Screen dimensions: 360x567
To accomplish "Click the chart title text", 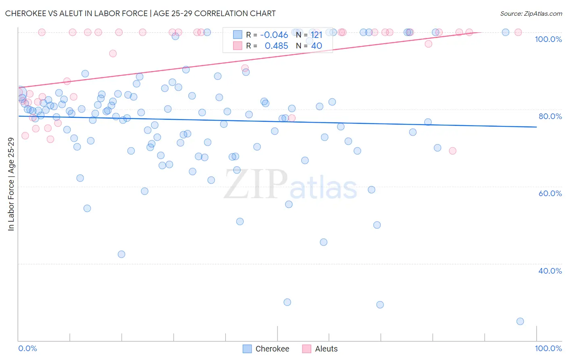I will click(x=140, y=13).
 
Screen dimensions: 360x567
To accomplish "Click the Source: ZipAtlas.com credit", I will click(x=531, y=13).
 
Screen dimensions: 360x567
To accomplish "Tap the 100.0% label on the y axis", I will click(x=548, y=39).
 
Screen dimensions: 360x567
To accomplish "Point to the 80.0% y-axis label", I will click(x=550, y=116).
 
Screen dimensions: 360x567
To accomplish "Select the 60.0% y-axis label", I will click(x=550, y=193).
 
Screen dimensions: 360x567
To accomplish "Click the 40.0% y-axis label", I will click(x=550, y=271).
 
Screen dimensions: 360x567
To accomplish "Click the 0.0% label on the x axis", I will click(x=28, y=348).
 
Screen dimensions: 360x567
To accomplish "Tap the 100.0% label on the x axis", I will click(x=548, y=348).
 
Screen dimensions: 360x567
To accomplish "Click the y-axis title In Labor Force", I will click(x=11, y=184).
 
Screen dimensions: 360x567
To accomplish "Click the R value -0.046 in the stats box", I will click(x=274, y=35).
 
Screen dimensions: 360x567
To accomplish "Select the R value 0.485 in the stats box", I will click(x=276, y=46).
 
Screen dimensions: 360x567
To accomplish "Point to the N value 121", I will click(x=317, y=35).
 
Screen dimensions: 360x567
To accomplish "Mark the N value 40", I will click(x=317, y=46).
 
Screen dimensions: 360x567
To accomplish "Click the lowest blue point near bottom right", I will click(x=520, y=321).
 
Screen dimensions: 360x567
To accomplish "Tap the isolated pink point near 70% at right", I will click(x=452, y=151).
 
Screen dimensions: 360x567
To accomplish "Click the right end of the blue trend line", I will click(x=536, y=127).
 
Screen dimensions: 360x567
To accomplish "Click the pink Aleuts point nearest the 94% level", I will click(x=113, y=54).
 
